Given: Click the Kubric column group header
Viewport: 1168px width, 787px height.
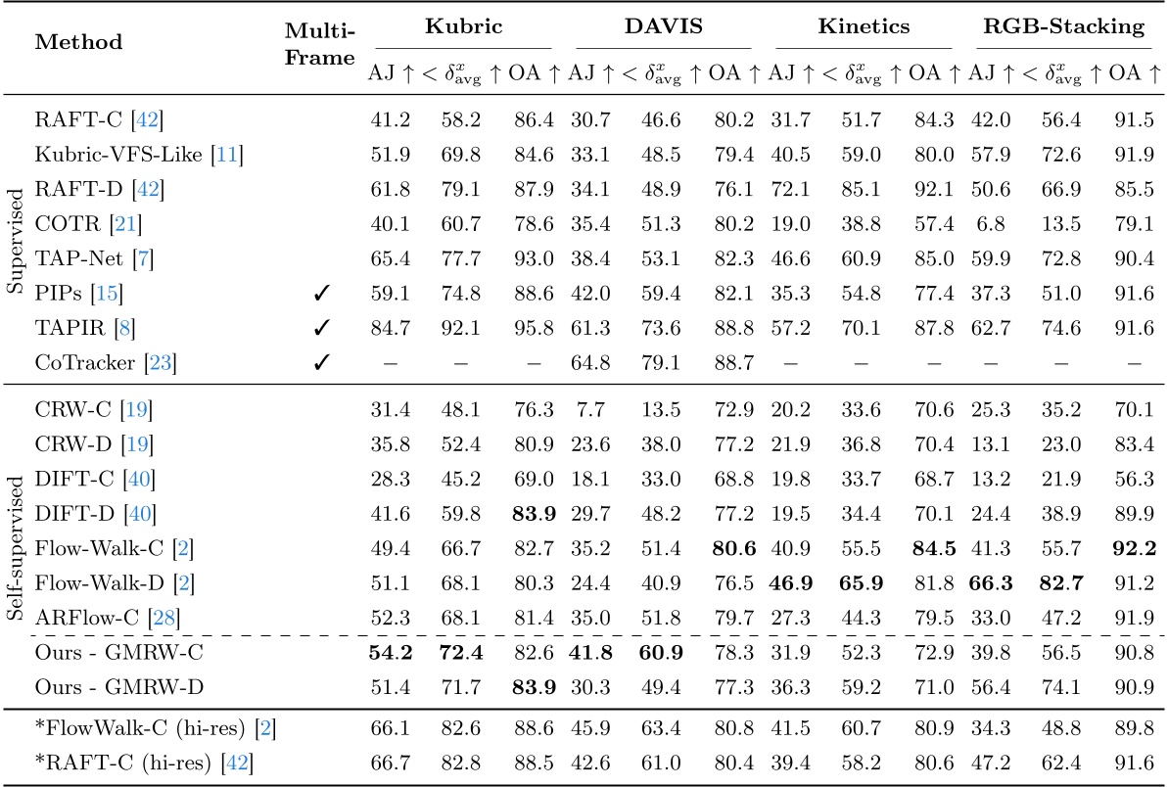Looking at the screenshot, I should coord(464,27).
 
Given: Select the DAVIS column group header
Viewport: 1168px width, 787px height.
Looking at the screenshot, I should coord(664,27).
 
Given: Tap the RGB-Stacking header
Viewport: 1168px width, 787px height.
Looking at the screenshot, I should coord(1064,27).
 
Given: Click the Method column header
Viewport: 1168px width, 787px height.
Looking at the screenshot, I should coord(78,42).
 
